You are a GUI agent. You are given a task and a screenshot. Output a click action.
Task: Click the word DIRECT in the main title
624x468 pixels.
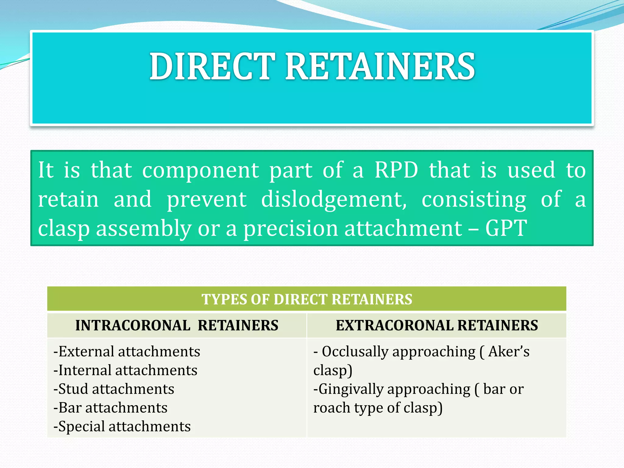(x=212, y=66)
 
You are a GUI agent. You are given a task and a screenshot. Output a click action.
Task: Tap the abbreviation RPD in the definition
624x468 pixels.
(x=396, y=170)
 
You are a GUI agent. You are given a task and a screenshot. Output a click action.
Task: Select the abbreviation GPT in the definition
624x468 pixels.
(x=506, y=228)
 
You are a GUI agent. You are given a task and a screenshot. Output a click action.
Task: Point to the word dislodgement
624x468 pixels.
(x=334, y=200)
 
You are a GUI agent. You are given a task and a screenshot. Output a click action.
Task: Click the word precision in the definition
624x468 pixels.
(x=291, y=229)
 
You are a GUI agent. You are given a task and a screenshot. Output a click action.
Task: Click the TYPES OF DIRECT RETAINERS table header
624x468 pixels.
(x=307, y=299)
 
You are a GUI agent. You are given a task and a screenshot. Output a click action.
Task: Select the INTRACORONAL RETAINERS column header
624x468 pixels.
(x=177, y=325)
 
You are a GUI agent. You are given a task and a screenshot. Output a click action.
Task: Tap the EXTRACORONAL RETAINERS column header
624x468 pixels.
(x=437, y=325)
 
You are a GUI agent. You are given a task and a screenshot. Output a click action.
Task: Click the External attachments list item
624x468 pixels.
(x=127, y=352)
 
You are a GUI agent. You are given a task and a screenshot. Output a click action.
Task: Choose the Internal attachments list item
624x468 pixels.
(x=125, y=370)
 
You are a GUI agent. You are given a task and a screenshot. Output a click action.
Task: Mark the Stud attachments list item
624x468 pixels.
(x=114, y=389)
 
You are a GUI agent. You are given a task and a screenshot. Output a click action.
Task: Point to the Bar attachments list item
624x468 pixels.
(x=110, y=408)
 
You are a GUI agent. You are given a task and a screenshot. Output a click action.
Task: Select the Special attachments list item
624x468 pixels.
(x=122, y=427)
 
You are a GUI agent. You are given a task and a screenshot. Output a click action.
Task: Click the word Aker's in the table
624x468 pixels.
(x=509, y=352)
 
